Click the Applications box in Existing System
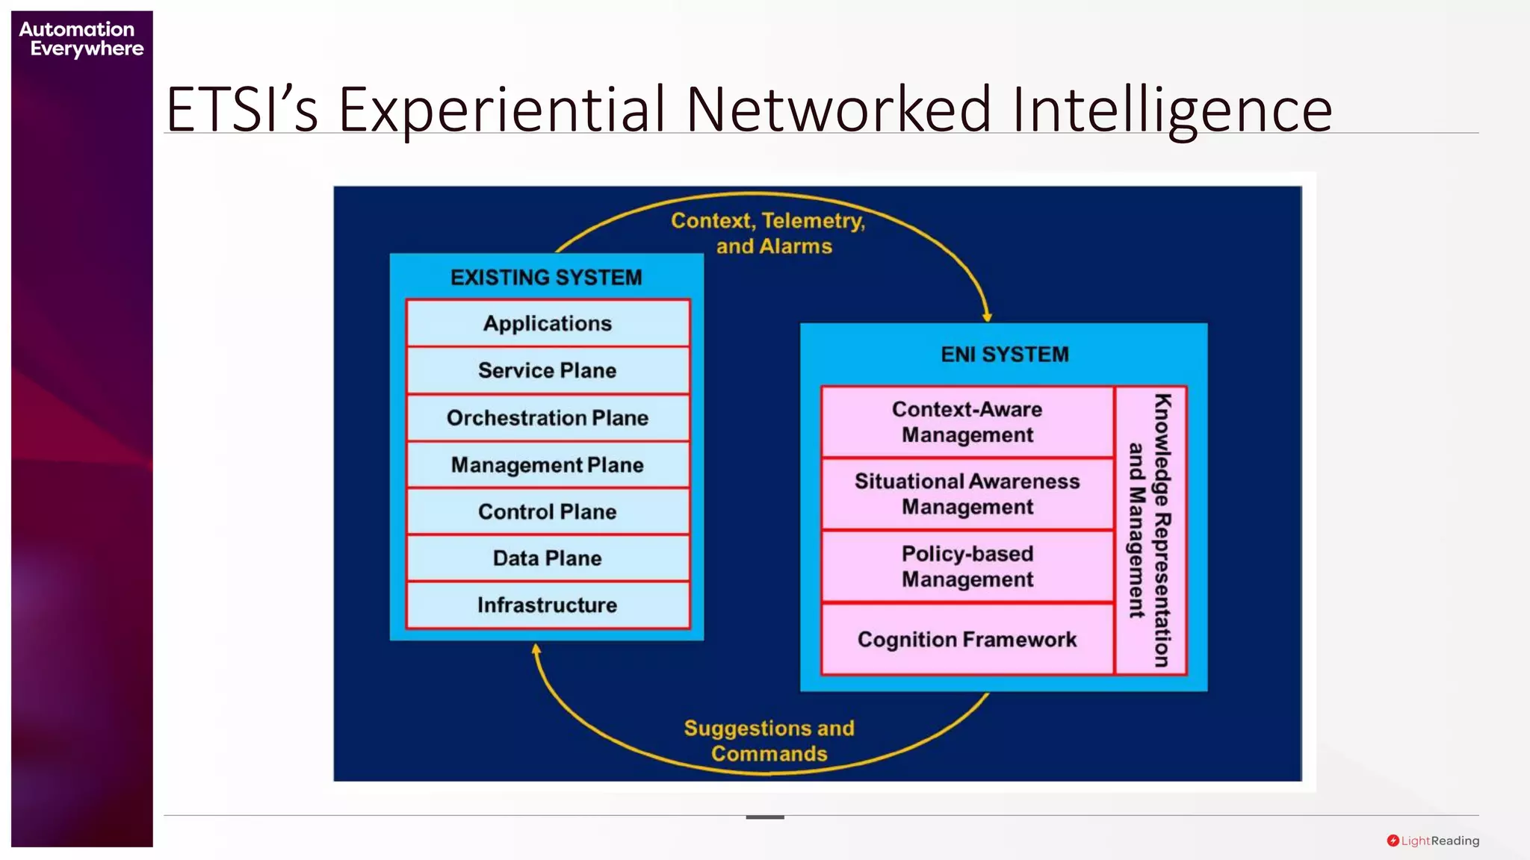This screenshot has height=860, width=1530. point(548,323)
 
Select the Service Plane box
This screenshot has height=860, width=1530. point(548,370)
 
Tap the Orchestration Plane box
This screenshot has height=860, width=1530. point(548,417)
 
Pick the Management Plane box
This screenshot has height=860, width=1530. point(548,464)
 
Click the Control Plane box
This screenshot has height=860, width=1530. point(548,511)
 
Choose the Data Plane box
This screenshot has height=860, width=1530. point(548,558)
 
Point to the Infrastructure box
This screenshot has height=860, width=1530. point(548,605)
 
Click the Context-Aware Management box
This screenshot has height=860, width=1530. point(967,422)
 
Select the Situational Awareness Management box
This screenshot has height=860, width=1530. point(967,493)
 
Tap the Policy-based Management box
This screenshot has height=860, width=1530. point(967,566)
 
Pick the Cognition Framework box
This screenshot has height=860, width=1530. point(967,639)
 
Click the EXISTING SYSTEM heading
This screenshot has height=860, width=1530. point(546,278)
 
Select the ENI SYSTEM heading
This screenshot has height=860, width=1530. point(1004,354)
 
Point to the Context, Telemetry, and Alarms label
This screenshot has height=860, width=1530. point(769,233)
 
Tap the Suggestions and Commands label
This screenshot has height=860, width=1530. point(769,741)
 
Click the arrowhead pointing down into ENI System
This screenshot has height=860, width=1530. point(987,317)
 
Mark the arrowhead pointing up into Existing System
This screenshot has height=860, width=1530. point(536,649)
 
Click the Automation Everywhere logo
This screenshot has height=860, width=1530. point(81,39)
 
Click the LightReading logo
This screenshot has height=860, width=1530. point(1433,841)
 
